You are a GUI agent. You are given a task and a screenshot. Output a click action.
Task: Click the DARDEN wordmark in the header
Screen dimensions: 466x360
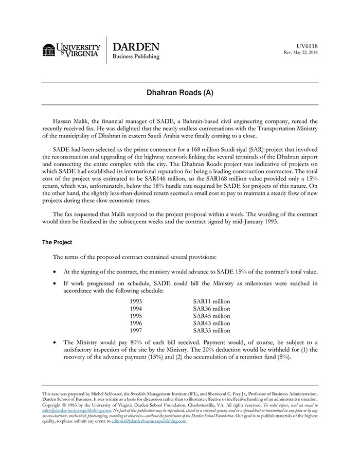[136, 46]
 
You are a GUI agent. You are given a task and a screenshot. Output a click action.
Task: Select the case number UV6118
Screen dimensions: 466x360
[307, 45]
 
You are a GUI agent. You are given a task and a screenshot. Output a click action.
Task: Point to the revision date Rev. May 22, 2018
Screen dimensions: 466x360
[300, 52]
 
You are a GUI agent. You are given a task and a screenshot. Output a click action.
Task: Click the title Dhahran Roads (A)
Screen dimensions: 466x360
[179, 93]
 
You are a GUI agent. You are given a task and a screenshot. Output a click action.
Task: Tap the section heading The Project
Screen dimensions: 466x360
[57, 242]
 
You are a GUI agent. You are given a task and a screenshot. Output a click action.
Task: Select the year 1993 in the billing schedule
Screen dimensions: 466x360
[136, 301]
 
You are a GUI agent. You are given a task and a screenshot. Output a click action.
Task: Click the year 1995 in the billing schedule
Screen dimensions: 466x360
[136, 316]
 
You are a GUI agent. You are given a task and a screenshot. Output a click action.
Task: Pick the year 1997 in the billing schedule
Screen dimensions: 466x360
[136, 331]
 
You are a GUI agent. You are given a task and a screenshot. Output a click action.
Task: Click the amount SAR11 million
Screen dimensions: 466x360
[211, 301]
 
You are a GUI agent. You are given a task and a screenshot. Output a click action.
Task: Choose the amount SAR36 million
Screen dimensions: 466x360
[211, 309]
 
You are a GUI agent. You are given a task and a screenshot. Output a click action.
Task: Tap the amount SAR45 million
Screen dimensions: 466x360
[211, 316]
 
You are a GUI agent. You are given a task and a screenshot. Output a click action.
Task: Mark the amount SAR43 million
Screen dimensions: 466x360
[211, 324]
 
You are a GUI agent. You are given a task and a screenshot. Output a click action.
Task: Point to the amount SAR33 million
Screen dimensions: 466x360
[211, 331]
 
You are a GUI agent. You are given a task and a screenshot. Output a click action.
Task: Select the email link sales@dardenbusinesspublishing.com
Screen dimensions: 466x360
[76, 410]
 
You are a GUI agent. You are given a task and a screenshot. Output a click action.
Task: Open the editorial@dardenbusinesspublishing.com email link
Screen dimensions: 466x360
[145, 421]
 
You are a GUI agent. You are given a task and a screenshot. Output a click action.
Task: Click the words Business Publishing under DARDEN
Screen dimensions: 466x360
[136, 57]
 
